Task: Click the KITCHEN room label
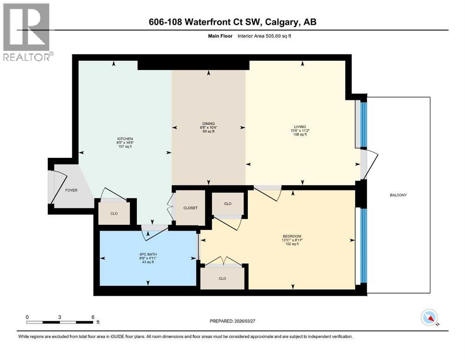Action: pyautogui.click(x=125, y=139)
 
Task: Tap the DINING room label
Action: pyautogui.click(x=208, y=123)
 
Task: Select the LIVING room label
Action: pyautogui.click(x=300, y=127)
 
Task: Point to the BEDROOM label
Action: pyautogui.click(x=291, y=236)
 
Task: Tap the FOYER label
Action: pyautogui.click(x=71, y=190)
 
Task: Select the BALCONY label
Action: pyautogui.click(x=398, y=195)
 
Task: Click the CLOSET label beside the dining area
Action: pyautogui.click(x=190, y=208)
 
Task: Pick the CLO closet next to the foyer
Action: pyautogui.click(x=114, y=213)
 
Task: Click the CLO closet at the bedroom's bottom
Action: pyautogui.click(x=222, y=278)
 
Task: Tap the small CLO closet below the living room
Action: pyautogui.click(x=228, y=203)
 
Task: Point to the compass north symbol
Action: pyautogui.click(x=429, y=318)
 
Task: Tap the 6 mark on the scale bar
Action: pyautogui.click(x=93, y=316)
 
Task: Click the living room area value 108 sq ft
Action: pyautogui.click(x=300, y=135)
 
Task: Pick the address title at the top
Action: pyautogui.click(x=232, y=22)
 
